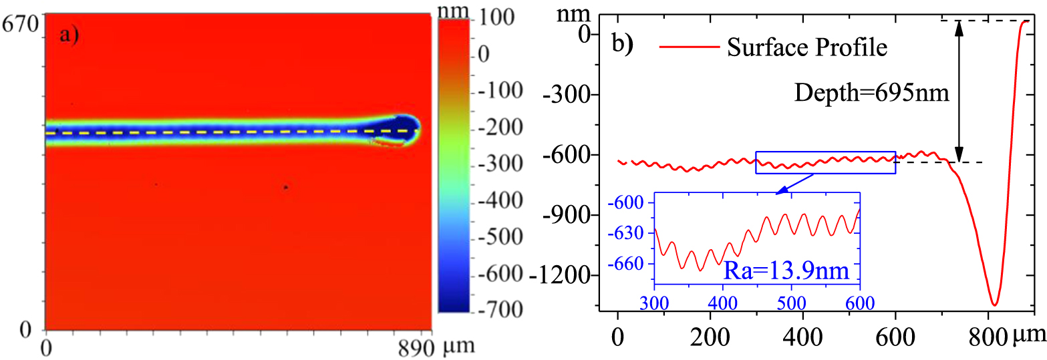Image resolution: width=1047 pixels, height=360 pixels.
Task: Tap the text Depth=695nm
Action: point(871,93)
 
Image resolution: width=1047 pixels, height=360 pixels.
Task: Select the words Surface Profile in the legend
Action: point(807,47)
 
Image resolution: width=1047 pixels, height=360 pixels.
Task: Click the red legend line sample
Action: point(688,47)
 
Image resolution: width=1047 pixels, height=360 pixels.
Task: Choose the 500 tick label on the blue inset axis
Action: point(790,301)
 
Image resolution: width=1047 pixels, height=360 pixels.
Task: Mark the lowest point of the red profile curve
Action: point(994,305)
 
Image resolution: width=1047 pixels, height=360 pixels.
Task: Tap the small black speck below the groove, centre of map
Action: point(285,188)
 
